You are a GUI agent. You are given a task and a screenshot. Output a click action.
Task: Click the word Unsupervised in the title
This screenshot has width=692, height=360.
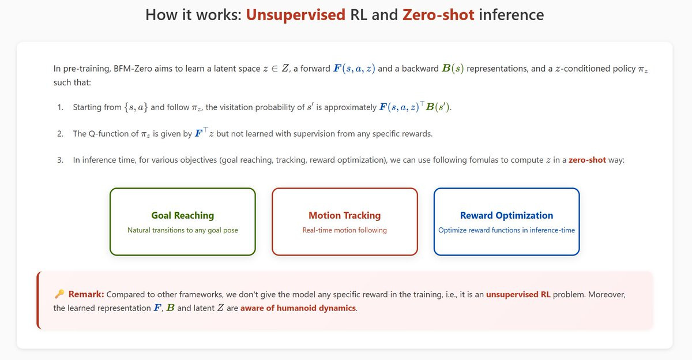pyautogui.click(x=296, y=15)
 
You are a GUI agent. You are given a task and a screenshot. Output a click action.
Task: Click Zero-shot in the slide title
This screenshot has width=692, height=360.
pyautogui.click(x=438, y=15)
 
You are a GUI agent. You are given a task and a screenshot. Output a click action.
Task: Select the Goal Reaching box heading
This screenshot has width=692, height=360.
pyautogui.click(x=183, y=215)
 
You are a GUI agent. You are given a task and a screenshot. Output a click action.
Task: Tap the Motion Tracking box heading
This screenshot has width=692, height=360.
pyautogui.click(x=345, y=215)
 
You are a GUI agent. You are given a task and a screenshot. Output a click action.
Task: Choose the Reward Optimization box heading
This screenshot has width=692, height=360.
pyautogui.click(x=507, y=215)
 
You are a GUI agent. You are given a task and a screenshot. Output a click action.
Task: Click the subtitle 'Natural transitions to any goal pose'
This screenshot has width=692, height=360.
pyautogui.click(x=183, y=230)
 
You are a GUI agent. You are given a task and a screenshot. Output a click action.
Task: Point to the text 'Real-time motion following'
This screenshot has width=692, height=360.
pyautogui.click(x=344, y=230)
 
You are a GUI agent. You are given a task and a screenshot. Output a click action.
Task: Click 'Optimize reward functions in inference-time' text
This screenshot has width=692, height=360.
pyautogui.click(x=507, y=230)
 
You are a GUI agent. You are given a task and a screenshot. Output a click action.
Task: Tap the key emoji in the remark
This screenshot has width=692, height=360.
pyautogui.click(x=59, y=294)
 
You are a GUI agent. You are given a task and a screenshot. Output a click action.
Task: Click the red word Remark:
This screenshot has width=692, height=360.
pyautogui.click(x=86, y=294)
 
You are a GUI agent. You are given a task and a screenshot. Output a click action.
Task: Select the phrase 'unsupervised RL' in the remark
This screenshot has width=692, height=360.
pyautogui.click(x=518, y=294)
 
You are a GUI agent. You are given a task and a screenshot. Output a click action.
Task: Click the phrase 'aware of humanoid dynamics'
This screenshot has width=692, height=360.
pyautogui.click(x=298, y=308)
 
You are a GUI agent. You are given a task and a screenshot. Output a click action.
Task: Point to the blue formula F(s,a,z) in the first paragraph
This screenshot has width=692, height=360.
pyautogui.click(x=354, y=68)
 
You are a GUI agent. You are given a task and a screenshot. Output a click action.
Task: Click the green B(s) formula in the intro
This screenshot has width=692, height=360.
pyautogui.click(x=453, y=68)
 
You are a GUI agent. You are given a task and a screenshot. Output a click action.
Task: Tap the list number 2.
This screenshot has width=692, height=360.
pyautogui.click(x=60, y=134)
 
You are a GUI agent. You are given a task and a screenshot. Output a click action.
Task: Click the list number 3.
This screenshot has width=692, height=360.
pyautogui.click(x=60, y=160)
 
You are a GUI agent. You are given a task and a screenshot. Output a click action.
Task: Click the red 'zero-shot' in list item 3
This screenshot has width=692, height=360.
pyautogui.click(x=587, y=160)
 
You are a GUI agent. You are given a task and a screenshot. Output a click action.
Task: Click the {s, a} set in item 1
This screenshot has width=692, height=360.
pyautogui.click(x=136, y=107)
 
